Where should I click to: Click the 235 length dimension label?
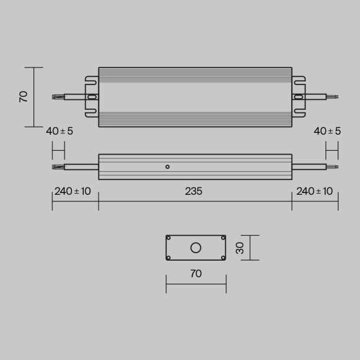[194, 191]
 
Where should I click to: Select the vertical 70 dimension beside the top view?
[24, 96]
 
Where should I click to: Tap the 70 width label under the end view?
[196, 274]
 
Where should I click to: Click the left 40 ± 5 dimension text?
[60, 131]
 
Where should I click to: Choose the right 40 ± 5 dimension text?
[327, 131]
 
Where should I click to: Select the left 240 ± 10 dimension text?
[73, 191]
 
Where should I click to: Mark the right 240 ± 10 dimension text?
[315, 191]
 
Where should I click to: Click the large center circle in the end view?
[196, 248]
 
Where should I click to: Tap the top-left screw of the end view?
[169, 238]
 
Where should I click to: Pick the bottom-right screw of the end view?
[223, 258]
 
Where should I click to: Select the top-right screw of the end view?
[223, 238]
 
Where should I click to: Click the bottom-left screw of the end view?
[169, 258]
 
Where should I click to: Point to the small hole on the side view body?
[167, 166]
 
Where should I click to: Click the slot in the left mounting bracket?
[92, 97]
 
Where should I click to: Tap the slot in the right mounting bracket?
[299, 97]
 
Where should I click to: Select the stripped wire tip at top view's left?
[57, 97]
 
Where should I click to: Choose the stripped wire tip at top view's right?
[333, 97]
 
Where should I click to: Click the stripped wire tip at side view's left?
[57, 166]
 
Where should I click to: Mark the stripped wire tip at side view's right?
[333, 166]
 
